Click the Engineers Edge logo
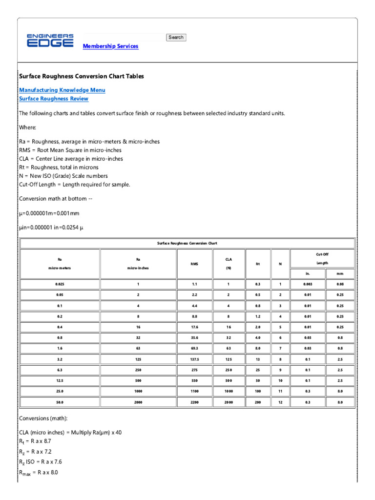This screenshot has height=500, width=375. tap(50, 41)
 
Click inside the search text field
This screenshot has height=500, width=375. tap(125, 38)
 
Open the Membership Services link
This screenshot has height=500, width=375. tap(110, 46)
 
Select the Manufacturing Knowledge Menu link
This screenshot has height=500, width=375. tap(62, 90)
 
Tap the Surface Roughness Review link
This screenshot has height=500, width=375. tap(54, 99)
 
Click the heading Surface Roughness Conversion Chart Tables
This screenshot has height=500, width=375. tap(81, 77)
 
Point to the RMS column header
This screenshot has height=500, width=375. tap(194, 264)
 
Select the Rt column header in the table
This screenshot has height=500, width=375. tap(257, 264)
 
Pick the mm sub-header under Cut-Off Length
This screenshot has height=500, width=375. tap(340, 274)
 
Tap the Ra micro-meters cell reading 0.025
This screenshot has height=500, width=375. tap(60, 284)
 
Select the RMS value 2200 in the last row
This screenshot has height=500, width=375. tap(194, 402)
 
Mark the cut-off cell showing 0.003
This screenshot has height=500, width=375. tap(308, 284)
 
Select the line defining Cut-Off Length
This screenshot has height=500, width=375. tap(74, 185)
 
